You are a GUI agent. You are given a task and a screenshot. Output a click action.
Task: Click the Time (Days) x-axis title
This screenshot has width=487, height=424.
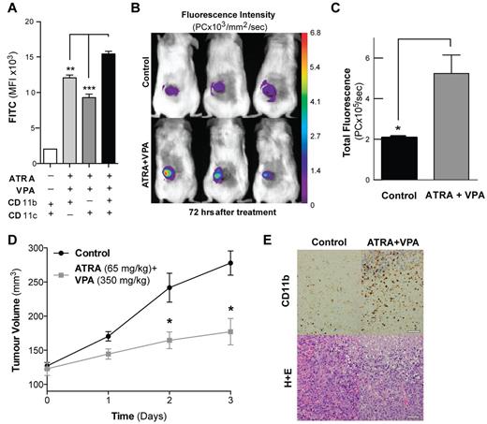[x=153, y=412]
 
